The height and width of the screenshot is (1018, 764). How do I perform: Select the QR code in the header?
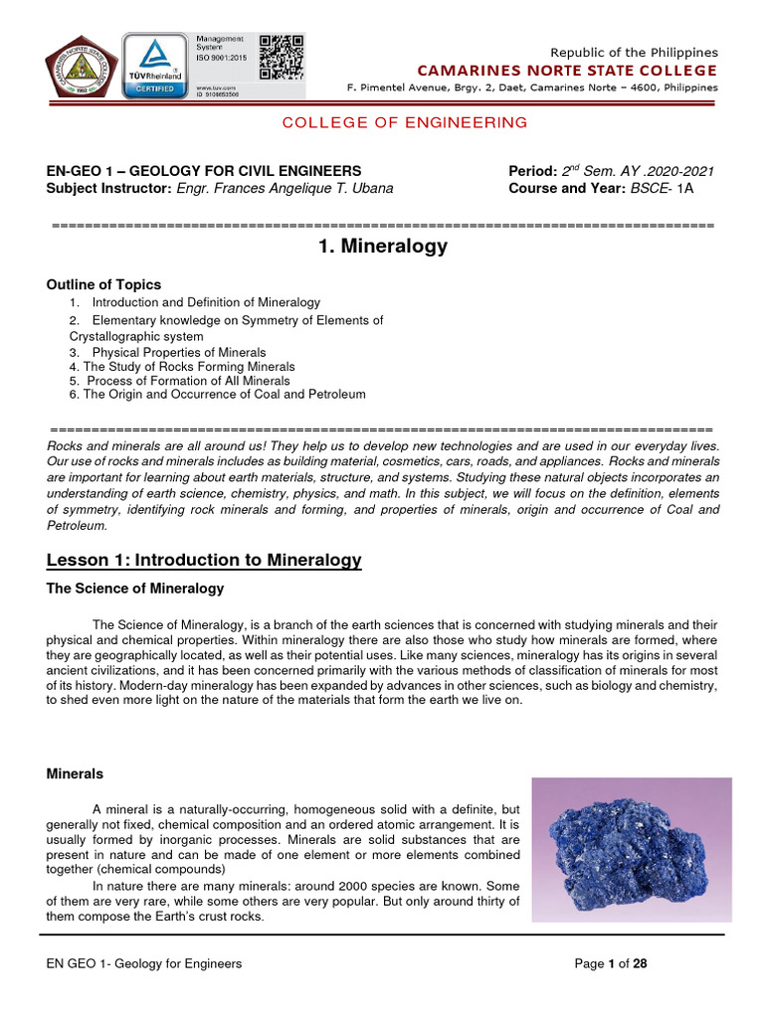[282, 57]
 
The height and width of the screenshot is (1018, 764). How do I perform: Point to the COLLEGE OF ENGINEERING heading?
[404, 122]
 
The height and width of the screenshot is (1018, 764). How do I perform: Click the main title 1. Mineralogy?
[383, 247]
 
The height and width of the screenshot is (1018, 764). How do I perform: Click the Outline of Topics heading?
[103, 284]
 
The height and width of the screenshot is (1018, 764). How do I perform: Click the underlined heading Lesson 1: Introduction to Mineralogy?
[204, 562]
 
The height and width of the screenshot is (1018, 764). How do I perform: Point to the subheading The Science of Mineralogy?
[135, 589]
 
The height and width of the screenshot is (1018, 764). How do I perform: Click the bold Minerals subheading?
[75, 773]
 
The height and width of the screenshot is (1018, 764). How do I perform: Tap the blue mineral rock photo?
[631, 849]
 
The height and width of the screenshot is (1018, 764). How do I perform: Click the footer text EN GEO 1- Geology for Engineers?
[144, 963]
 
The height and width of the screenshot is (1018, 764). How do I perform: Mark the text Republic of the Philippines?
[634, 52]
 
